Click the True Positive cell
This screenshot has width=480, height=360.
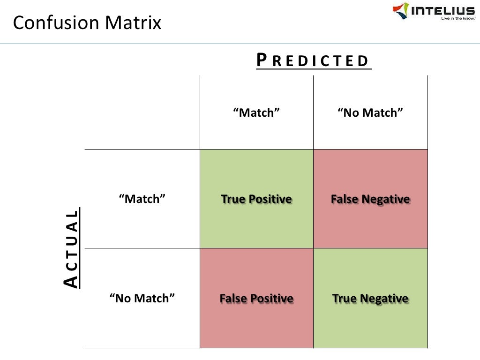tap(256, 199)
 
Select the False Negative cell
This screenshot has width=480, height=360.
tap(370, 199)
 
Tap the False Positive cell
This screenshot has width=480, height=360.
tap(256, 298)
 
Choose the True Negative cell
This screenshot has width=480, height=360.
tap(370, 298)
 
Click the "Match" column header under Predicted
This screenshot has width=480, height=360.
tap(256, 112)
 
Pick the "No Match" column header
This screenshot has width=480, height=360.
tap(370, 112)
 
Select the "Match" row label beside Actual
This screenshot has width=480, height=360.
tap(142, 199)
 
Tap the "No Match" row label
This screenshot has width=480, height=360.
tap(142, 298)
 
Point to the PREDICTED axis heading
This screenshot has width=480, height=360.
tap(313, 60)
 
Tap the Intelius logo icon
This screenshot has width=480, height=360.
tap(400, 10)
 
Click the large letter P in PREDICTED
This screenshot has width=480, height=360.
tap(262, 60)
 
